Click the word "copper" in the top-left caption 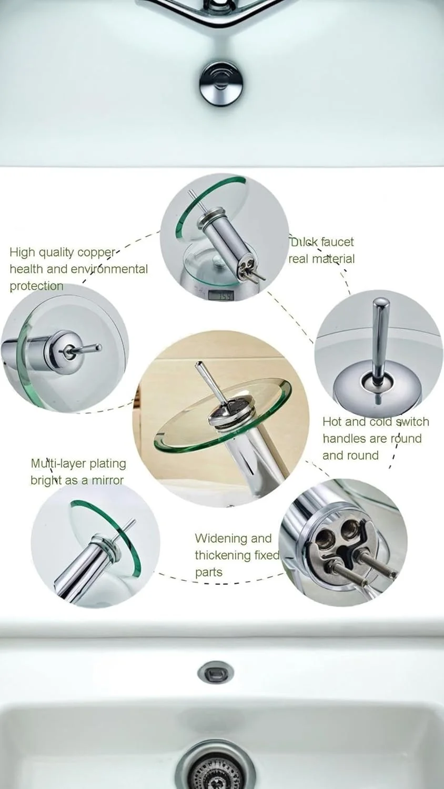(x=96, y=253)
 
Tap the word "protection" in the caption (x=36, y=286)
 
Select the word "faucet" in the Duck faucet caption (x=337, y=242)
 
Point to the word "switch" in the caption (x=412, y=422)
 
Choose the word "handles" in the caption (x=345, y=439)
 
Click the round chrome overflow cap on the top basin (x=221, y=83)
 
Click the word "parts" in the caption (x=209, y=572)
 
